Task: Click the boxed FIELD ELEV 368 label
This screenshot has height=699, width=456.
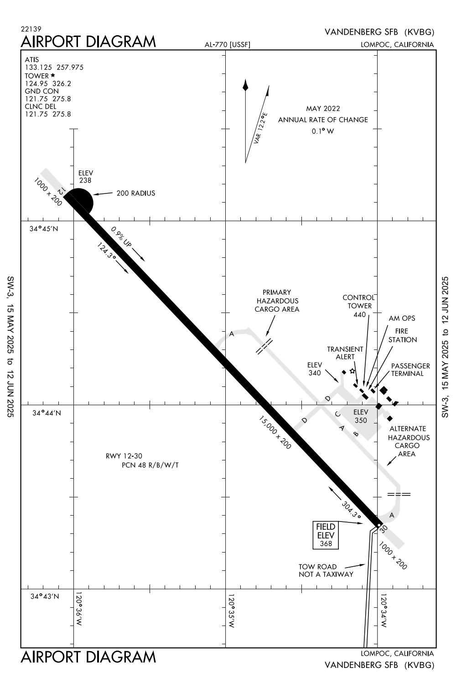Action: pyautogui.click(x=326, y=535)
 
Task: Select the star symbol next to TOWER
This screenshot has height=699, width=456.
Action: pyautogui.click(x=53, y=75)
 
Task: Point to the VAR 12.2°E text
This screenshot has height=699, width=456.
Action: pyautogui.click(x=261, y=129)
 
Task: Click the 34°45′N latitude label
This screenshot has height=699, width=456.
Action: pyautogui.click(x=44, y=229)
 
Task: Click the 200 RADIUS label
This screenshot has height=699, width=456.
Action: pyautogui.click(x=135, y=193)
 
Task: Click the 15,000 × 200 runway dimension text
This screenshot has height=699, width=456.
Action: pyautogui.click(x=275, y=432)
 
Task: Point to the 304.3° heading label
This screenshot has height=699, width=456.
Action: pyautogui.click(x=351, y=510)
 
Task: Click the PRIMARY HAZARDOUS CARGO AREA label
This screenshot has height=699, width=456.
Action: pyautogui.click(x=277, y=301)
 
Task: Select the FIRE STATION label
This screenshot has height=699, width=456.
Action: pyautogui.click(x=402, y=335)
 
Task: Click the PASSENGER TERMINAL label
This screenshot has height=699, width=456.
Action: pyautogui.click(x=410, y=370)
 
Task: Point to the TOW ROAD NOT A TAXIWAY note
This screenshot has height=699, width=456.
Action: pyautogui.click(x=326, y=570)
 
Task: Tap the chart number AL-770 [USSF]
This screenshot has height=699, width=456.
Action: pyautogui.click(x=228, y=44)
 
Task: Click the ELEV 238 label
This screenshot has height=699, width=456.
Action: pyautogui.click(x=85, y=177)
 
